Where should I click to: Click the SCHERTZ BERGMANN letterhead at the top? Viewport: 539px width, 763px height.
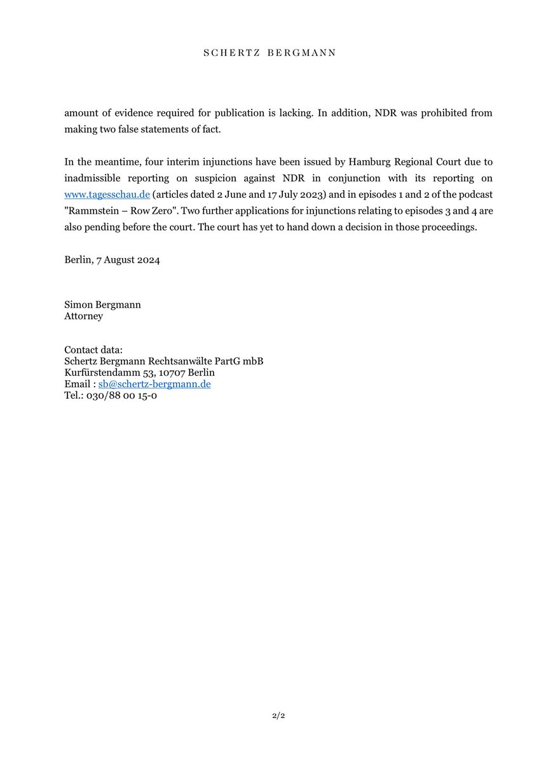(269, 53)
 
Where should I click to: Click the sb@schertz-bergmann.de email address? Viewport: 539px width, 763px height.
(154, 385)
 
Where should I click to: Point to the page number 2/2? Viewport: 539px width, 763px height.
(269, 716)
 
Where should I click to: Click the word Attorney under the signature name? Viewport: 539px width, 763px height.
(83, 316)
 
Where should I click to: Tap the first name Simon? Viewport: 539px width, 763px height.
(78, 305)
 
